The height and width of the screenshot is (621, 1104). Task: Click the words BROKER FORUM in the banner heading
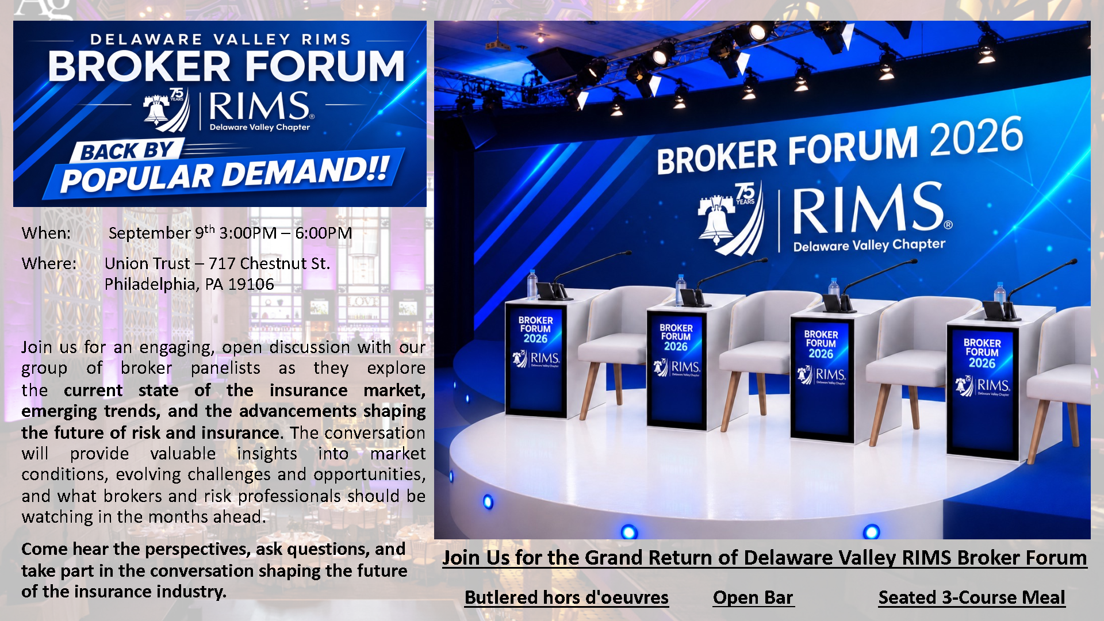point(227,66)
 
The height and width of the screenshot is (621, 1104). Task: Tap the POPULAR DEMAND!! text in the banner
point(225,174)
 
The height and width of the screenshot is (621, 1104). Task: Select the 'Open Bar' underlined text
point(753,597)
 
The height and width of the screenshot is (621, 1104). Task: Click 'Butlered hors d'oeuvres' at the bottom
point(566,597)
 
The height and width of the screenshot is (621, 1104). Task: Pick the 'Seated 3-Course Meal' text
point(972,597)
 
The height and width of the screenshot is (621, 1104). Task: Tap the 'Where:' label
point(49,263)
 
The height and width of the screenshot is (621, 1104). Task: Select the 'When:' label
point(46,233)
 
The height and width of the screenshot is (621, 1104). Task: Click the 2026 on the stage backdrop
point(976,137)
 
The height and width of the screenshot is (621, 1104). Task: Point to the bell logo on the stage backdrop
point(716,221)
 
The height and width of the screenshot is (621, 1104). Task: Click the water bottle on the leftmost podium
point(532,284)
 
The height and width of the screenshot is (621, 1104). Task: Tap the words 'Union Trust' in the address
point(147,263)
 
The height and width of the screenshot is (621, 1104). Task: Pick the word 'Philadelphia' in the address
point(150,284)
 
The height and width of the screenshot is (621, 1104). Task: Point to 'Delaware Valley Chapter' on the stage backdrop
point(869,245)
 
